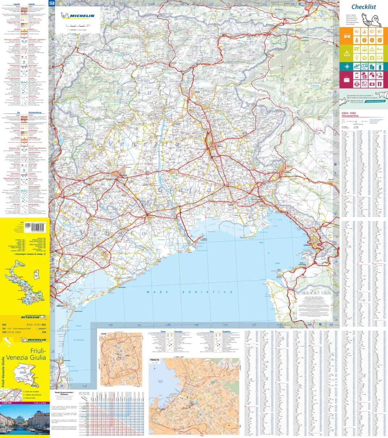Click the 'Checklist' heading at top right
point(363,7)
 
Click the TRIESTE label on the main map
point(307,245)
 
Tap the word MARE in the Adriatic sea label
point(153,292)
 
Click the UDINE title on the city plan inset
point(104,334)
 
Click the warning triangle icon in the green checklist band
point(347,53)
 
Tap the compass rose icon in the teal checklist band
point(347,67)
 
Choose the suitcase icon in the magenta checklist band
point(347,80)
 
